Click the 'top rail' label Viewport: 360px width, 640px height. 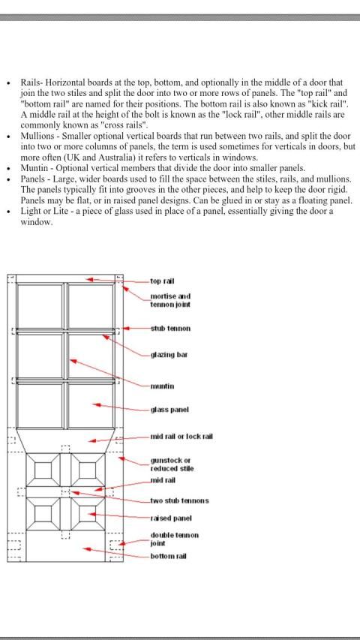click(163, 281)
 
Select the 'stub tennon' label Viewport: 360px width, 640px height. click(170, 328)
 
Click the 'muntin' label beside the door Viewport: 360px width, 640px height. click(162, 386)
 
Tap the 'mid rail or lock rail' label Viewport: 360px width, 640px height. click(181, 437)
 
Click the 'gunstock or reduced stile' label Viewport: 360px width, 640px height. click(172, 464)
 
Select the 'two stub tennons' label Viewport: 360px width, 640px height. click(179, 500)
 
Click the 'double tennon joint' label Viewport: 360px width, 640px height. click(175, 539)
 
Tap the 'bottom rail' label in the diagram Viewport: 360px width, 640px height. click(168, 556)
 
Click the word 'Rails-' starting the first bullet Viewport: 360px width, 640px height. click(32, 83)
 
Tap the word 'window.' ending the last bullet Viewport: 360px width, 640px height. click(37, 223)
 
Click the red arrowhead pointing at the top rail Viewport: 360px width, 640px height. click(90, 280)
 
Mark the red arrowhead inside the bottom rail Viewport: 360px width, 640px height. click(86, 548)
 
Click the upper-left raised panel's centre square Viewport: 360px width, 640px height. click(41, 470)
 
